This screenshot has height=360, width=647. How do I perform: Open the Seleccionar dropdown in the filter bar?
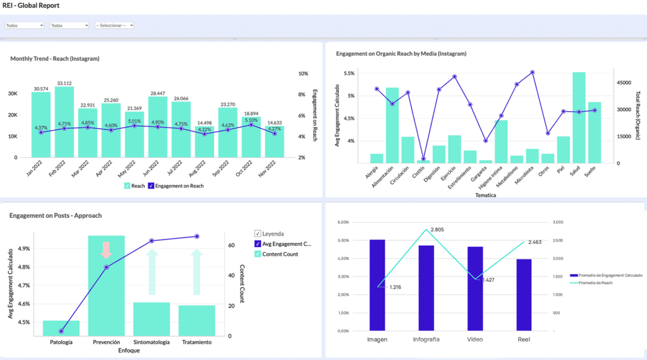pyautogui.click(x=114, y=25)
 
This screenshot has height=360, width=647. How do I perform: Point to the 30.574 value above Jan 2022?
pyautogui.click(x=41, y=88)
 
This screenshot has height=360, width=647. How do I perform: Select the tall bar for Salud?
pyautogui.click(x=579, y=117)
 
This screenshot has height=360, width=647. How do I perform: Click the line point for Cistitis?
pyautogui.click(x=423, y=159)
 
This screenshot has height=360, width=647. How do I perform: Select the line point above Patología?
pyautogui.click(x=61, y=331)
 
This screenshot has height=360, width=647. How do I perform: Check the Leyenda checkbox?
pyautogui.click(x=258, y=233)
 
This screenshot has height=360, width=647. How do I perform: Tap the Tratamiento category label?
pyautogui.click(x=197, y=342)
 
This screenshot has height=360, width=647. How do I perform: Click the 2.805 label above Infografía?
pyautogui.click(x=440, y=230)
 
